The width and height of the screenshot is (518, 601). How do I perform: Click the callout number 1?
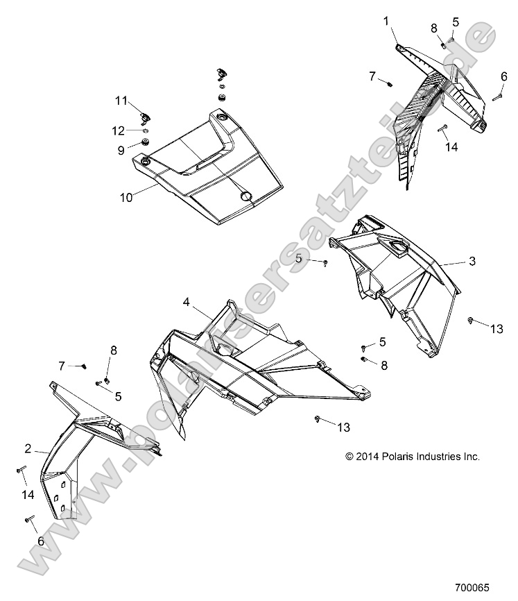(x=386, y=22)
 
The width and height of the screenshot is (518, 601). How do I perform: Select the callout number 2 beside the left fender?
(x=28, y=448)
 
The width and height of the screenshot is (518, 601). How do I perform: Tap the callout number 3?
(x=472, y=262)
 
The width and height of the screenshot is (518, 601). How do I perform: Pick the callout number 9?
(x=121, y=149)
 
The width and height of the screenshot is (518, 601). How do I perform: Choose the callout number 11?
(x=121, y=101)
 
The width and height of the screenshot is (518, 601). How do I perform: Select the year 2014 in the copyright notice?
(x=374, y=457)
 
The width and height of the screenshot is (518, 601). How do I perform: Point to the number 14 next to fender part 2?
(x=27, y=495)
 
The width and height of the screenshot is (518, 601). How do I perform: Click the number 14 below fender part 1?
(x=451, y=146)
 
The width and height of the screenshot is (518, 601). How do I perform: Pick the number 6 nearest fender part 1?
(x=504, y=76)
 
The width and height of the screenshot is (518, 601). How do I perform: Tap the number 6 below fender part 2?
(x=40, y=541)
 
